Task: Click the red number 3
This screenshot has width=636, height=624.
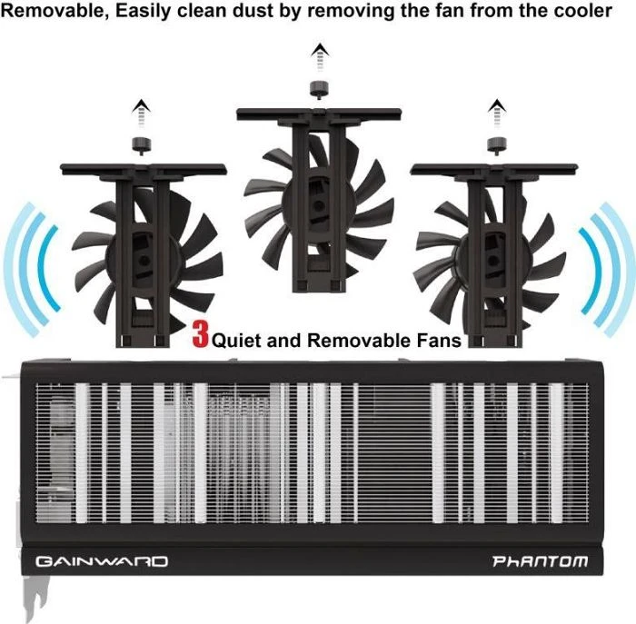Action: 201,333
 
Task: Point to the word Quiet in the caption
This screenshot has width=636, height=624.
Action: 236,341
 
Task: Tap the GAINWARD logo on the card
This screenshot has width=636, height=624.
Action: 102,561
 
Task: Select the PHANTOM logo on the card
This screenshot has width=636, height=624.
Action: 540,561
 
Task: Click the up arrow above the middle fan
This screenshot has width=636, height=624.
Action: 320,57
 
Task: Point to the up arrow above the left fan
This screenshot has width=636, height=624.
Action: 141,114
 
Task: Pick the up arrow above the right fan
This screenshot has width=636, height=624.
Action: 497,114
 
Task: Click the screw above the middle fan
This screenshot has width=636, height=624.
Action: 319,90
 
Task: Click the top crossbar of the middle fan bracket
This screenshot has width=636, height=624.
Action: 319,114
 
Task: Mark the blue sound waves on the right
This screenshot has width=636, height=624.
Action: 606,270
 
